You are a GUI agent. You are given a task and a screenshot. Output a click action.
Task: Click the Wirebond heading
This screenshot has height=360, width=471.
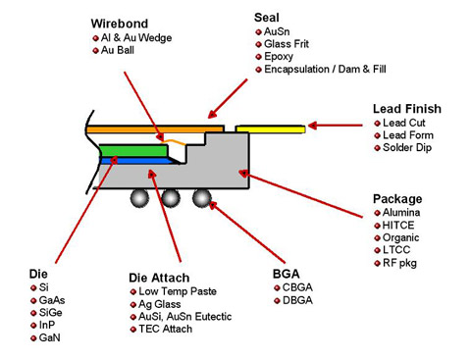(x=120, y=23)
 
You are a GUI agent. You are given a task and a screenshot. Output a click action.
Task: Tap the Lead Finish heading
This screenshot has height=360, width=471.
(x=406, y=108)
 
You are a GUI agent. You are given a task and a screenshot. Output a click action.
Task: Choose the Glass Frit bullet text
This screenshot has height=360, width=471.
(x=288, y=44)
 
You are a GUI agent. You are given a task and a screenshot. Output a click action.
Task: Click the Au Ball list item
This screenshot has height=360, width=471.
(x=123, y=50)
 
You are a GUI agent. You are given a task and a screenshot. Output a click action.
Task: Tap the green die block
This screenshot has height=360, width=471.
(x=127, y=150)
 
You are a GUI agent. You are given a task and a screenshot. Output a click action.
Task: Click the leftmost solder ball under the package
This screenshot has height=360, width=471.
(x=140, y=197)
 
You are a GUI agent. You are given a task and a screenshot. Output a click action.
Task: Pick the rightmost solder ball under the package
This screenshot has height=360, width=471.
(x=201, y=197)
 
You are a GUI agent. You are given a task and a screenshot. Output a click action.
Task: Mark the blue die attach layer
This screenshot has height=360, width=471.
(x=127, y=160)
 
